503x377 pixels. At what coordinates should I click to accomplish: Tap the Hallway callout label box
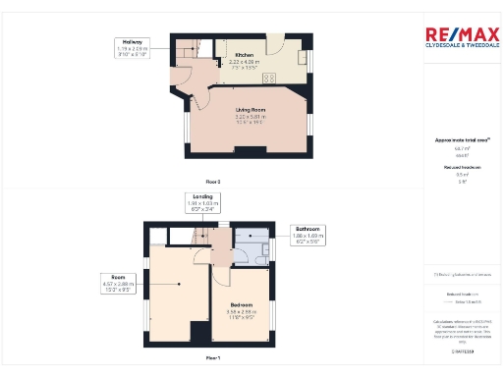(x=130, y=48)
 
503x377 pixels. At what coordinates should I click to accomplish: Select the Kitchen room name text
(x=243, y=55)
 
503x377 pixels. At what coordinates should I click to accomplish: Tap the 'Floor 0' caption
(x=212, y=182)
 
